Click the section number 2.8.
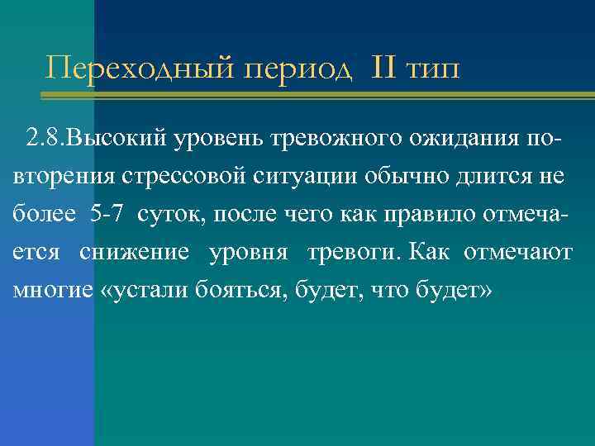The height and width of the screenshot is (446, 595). [x=45, y=135]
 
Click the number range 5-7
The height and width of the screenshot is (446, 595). [x=104, y=214]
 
